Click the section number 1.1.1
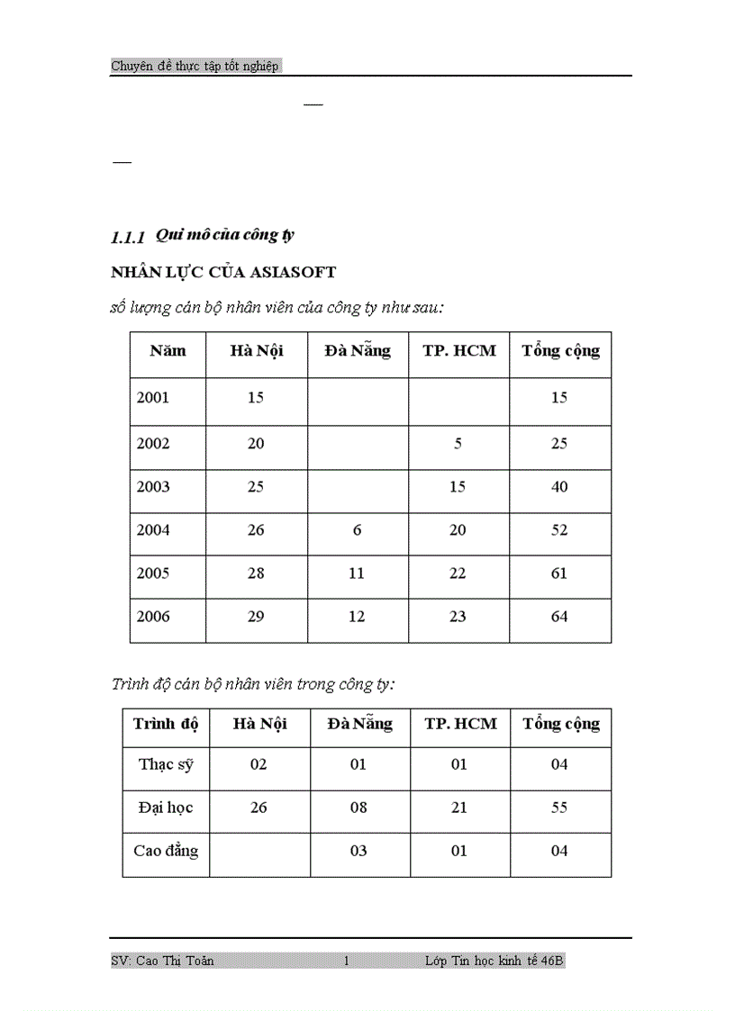pyautogui.click(x=127, y=238)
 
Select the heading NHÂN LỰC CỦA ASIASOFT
pyautogui.click(x=222, y=272)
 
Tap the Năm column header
pyautogui.click(x=168, y=351)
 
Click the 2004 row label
pyautogui.click(x=153, y=530)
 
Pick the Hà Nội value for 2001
pyautogui.click(x=256, y=397)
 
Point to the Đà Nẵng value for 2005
pyautogui.click(x=357, y=573)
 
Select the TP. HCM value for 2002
pyautogui.click(x=458, y=444)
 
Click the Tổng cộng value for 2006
pyautogui.click(x=559, y=617)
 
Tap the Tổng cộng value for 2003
pyautogui.click(x=559, y=487)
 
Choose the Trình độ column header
pyautogui.click(x=166, y=724)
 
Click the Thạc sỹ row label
pyautogui.click(x=166, y=764)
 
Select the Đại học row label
pyautogui.click(x=166, y=808)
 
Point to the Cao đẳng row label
pyautogui.click(x=166, y=851)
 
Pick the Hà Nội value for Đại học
pyautogui.click(x=259, y=808)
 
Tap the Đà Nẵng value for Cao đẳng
pyautogui.click(x=358, y=851)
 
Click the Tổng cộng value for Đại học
pyautogui.click(x=559, y=808)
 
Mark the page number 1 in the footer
pyautogui.click(x=346, y=961)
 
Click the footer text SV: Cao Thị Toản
pyautogui.click(x=162, y=961)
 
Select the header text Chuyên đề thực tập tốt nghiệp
pyautogui.click(x=195, y=66)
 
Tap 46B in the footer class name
pyautogui.click(x=553, y=961)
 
